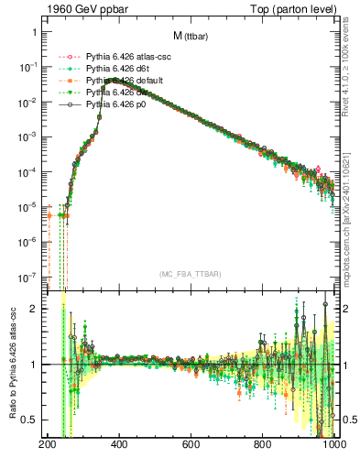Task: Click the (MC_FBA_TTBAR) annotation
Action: pyautogui.click(x=189, y=274)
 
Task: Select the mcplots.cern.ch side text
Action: pyautogui.click(x=351, y=220)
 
